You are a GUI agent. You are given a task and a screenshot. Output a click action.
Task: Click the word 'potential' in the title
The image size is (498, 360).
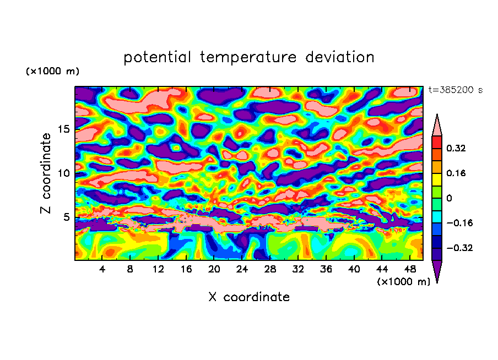(x=158, y=57)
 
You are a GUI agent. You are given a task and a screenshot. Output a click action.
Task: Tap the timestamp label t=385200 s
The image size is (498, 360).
(x=455, y=90)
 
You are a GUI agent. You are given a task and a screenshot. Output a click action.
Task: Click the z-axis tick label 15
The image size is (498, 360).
(x=63, y=129)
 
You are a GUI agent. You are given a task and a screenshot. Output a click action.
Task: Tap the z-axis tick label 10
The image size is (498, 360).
(x=63, y=173)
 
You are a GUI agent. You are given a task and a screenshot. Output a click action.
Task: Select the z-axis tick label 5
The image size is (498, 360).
(x=66, y=217)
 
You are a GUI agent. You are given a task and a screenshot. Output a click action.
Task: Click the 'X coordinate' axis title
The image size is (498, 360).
(x=249, y=297)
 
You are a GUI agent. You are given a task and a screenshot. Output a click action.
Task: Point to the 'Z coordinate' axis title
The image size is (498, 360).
(x=46, y=173)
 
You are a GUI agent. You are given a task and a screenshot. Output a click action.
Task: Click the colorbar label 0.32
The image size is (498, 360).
(x=457, y=148)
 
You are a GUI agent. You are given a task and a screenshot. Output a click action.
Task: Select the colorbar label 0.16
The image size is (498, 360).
(x=457, y=173)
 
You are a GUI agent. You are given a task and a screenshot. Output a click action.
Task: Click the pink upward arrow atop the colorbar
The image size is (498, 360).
(x=437, y=126)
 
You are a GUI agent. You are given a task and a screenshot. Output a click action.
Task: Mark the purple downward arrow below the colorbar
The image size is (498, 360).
(x=437, y=271)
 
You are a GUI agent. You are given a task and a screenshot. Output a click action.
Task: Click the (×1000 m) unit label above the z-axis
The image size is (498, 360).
(x=52, y=72)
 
